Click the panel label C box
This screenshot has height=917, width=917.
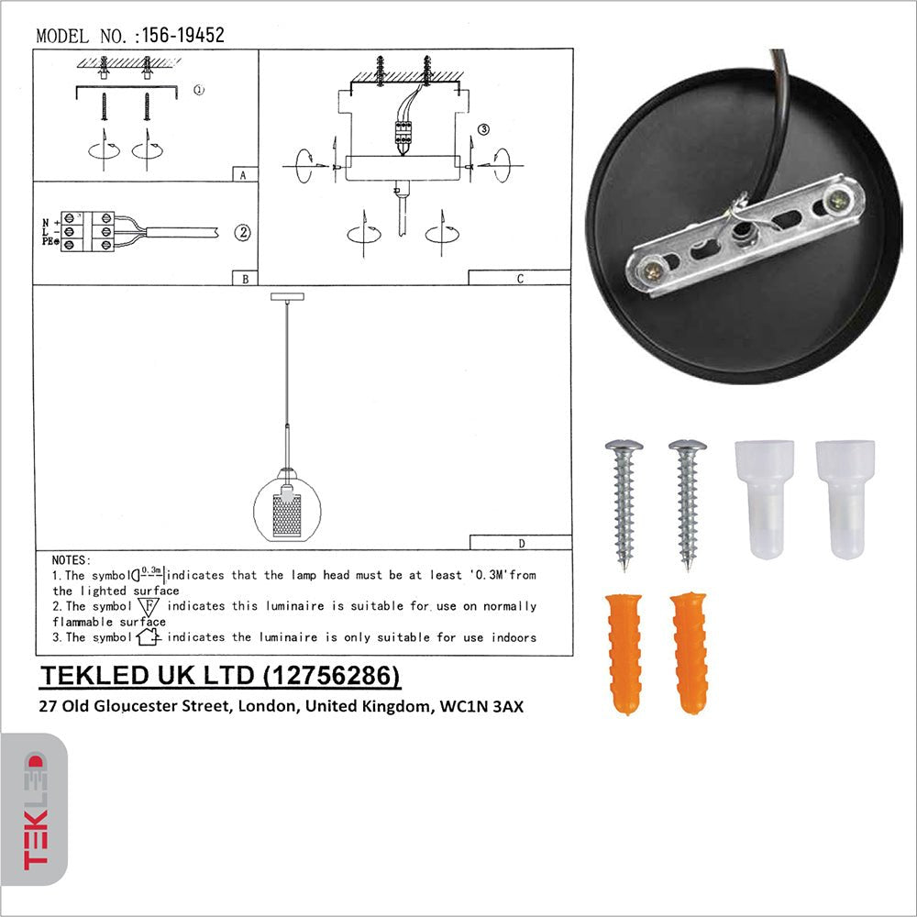519,279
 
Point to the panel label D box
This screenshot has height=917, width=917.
520,543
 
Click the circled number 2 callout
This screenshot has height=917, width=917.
242,232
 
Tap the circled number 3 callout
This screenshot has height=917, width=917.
483,129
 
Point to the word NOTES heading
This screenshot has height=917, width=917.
72,559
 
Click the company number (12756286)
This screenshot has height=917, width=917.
332,676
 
